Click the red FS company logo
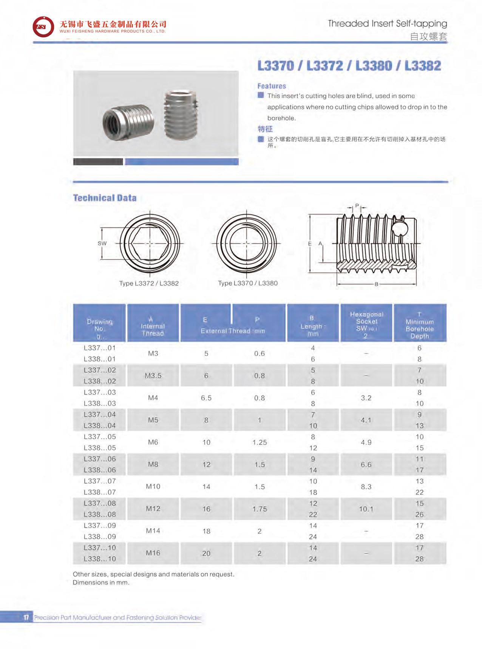click(x=43, y=27)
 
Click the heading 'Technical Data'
click(x=105, y=198)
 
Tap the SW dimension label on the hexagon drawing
click(x=102, y=244)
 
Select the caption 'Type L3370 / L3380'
click(x=248, y=283)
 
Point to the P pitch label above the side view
click(x=357, y=206)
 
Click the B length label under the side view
click(x=376, y=284)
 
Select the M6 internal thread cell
click(x=153, y=442)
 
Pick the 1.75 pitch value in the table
click(x=260, y=509)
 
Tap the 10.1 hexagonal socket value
click(x=366, y=509)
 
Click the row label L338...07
click(x=100, y=492)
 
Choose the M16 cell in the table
click(x=153, y=553)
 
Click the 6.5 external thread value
click(x=206, y=398)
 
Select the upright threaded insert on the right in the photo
click(x=181, y=114)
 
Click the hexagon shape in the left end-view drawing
click(x=150, y=244)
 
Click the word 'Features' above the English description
click(x=272, y=86)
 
